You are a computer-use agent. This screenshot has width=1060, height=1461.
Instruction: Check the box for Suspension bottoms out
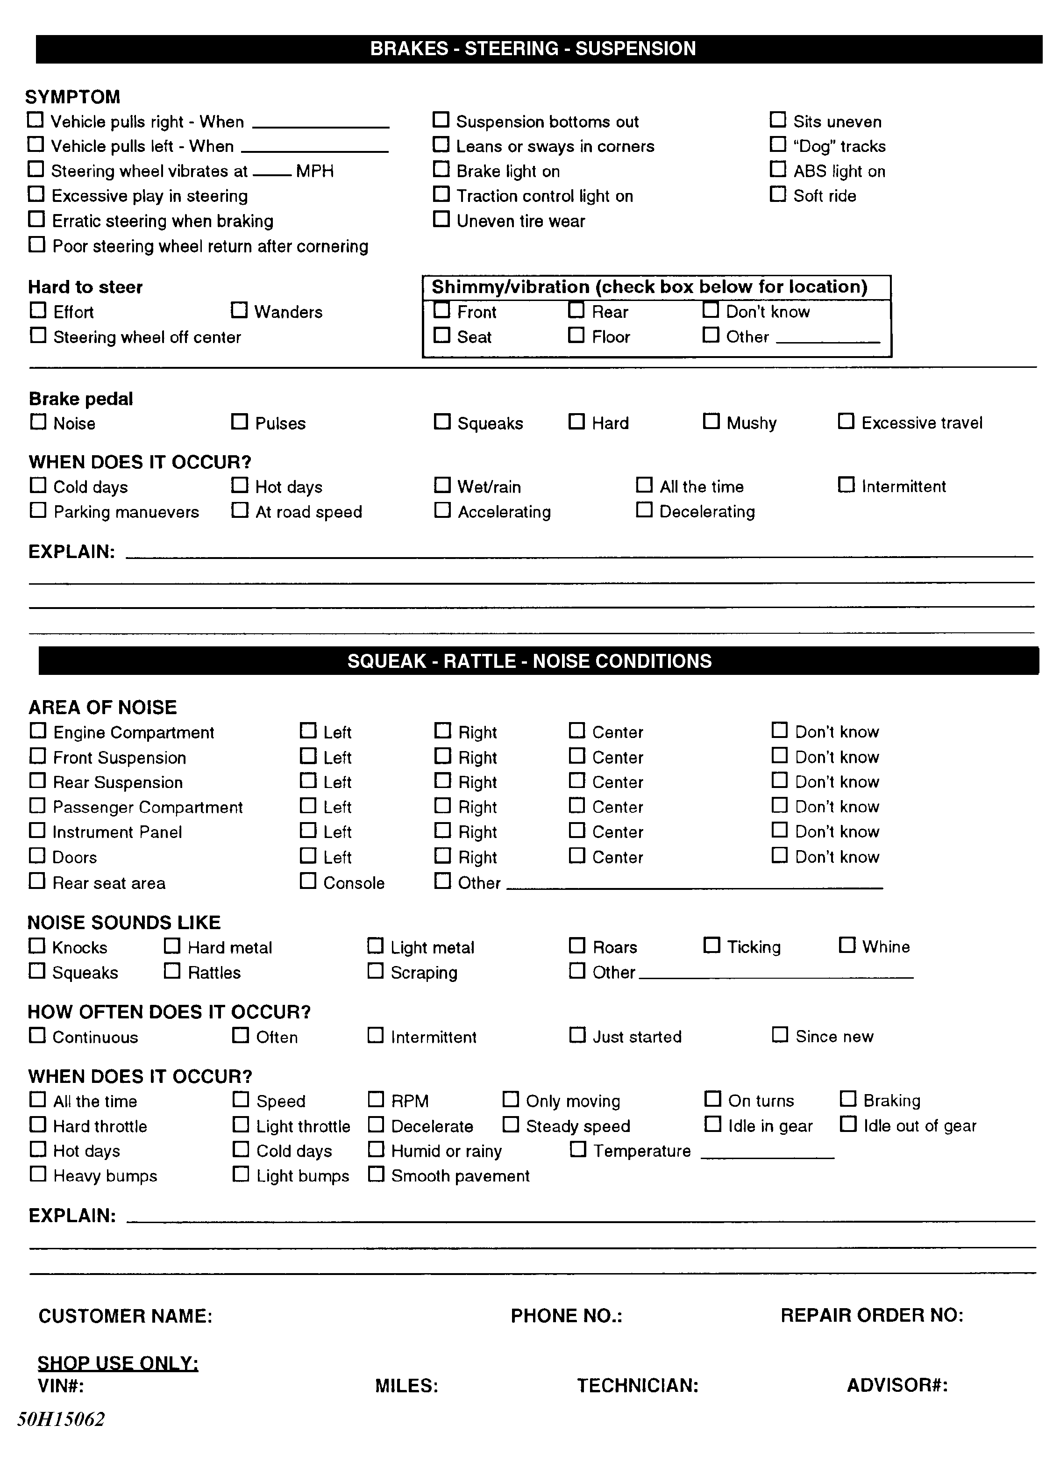(441, 120)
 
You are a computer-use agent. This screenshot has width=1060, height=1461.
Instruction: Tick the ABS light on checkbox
(778, 169)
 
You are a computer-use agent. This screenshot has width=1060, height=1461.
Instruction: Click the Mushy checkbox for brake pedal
(711, 421)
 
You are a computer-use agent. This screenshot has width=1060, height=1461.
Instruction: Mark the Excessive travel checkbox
(846, 421)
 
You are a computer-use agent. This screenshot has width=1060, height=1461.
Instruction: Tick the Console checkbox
(308, 881)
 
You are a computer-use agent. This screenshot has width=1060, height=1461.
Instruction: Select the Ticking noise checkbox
(711, 945)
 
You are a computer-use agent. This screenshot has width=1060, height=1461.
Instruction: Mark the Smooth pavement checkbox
(376, 1175)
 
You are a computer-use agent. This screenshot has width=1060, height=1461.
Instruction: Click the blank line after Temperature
(767, 1157)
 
